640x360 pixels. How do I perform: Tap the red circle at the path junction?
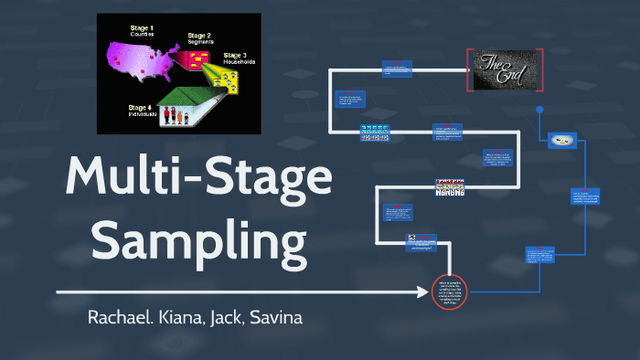click(x=449, y=291)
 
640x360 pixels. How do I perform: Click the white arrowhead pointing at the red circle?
click(x=426, y=292)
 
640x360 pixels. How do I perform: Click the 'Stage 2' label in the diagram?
click(x=201, y=37)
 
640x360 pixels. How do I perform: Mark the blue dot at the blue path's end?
click(x=539, y=110)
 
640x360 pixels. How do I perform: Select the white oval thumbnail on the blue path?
click(x=561, y=140)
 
